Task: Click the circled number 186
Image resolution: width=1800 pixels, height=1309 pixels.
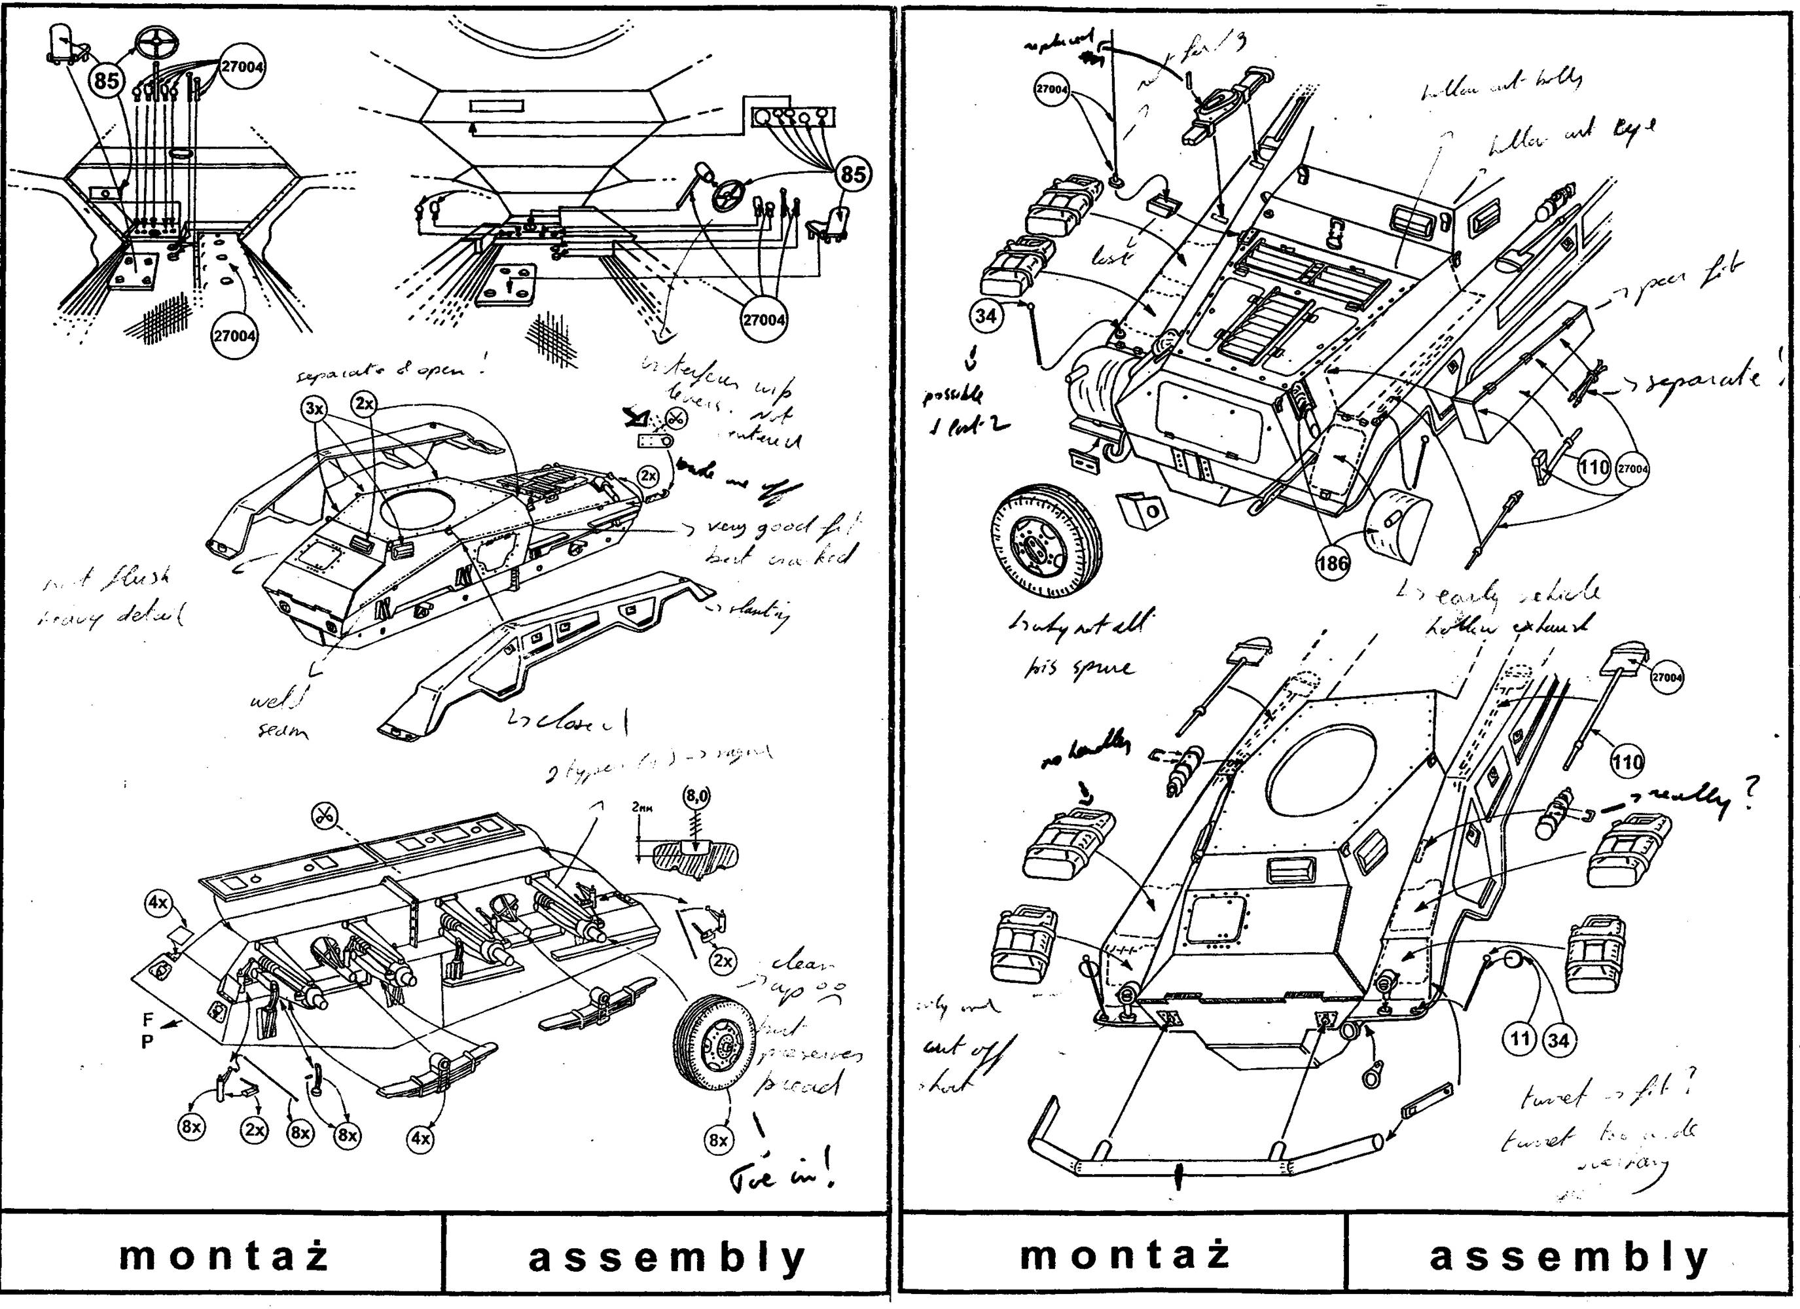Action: tap(1333, 564)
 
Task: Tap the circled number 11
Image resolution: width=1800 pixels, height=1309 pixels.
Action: tap(1519, 1039)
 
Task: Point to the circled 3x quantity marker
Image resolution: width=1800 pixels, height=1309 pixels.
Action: tap(315, 409)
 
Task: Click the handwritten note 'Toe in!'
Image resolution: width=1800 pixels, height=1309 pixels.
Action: tap(782, 1176)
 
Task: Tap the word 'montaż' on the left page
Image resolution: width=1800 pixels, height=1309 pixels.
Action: tap(224, 1256)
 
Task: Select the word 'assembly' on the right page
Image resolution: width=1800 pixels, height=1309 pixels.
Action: tap(1569, 1257)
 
